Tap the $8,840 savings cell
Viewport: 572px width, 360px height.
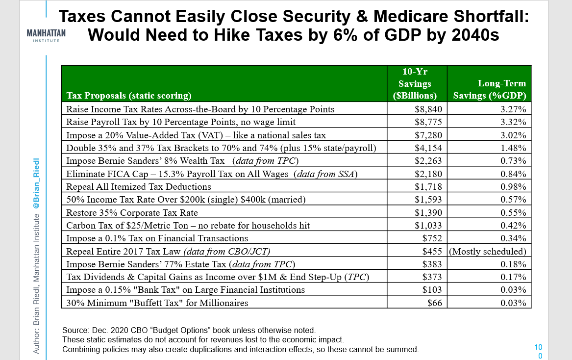[428, 109]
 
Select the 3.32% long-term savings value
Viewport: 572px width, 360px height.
[513, 122]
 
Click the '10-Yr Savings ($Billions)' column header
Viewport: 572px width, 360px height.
[415, 83]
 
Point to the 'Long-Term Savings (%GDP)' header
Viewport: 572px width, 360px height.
[490, 89]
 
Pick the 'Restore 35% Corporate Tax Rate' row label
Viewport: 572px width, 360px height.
[132, 212]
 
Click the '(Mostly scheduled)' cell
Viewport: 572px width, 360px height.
[488, 251]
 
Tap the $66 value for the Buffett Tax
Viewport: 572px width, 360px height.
[434, 303]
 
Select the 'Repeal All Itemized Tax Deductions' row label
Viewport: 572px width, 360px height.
[139, 186]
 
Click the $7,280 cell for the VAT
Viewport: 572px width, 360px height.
[428, 135]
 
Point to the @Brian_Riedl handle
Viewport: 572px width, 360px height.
[36, 183]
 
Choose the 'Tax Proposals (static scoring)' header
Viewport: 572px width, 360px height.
[129, 95]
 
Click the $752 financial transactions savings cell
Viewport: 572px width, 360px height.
[432, 238]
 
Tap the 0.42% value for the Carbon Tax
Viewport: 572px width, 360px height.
[513, 225]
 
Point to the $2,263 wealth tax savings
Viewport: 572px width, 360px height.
[428, 161]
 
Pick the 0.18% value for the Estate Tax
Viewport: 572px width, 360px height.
[513, 264]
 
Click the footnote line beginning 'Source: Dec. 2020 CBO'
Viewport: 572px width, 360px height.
[189, 330]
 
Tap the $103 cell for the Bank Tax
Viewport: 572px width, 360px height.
[432, 289]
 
